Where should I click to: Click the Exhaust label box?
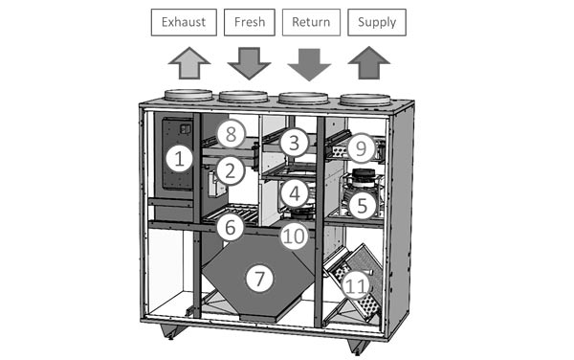(184, 22)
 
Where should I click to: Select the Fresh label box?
(250, 22)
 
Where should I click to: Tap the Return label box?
(311, 22)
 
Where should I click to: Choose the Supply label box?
(377, 22)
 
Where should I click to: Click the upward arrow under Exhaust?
(189, 63)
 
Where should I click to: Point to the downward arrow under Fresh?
(249, 63)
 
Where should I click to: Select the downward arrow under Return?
(309, 64)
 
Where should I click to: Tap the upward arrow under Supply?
(369, 62)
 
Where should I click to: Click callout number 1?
(179, 159)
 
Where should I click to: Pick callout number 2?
(231, 171)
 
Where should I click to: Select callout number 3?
(294, 143)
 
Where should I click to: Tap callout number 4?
(295, 193)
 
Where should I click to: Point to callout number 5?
(362, 206)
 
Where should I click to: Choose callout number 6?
(231, 227)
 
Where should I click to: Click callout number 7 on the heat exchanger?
(259, 279)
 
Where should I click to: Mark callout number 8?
(231, 134)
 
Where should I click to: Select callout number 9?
(361, 148)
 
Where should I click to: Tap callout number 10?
(295, 236)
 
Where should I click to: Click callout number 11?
(356, 285)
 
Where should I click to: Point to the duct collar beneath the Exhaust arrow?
(188, 95)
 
